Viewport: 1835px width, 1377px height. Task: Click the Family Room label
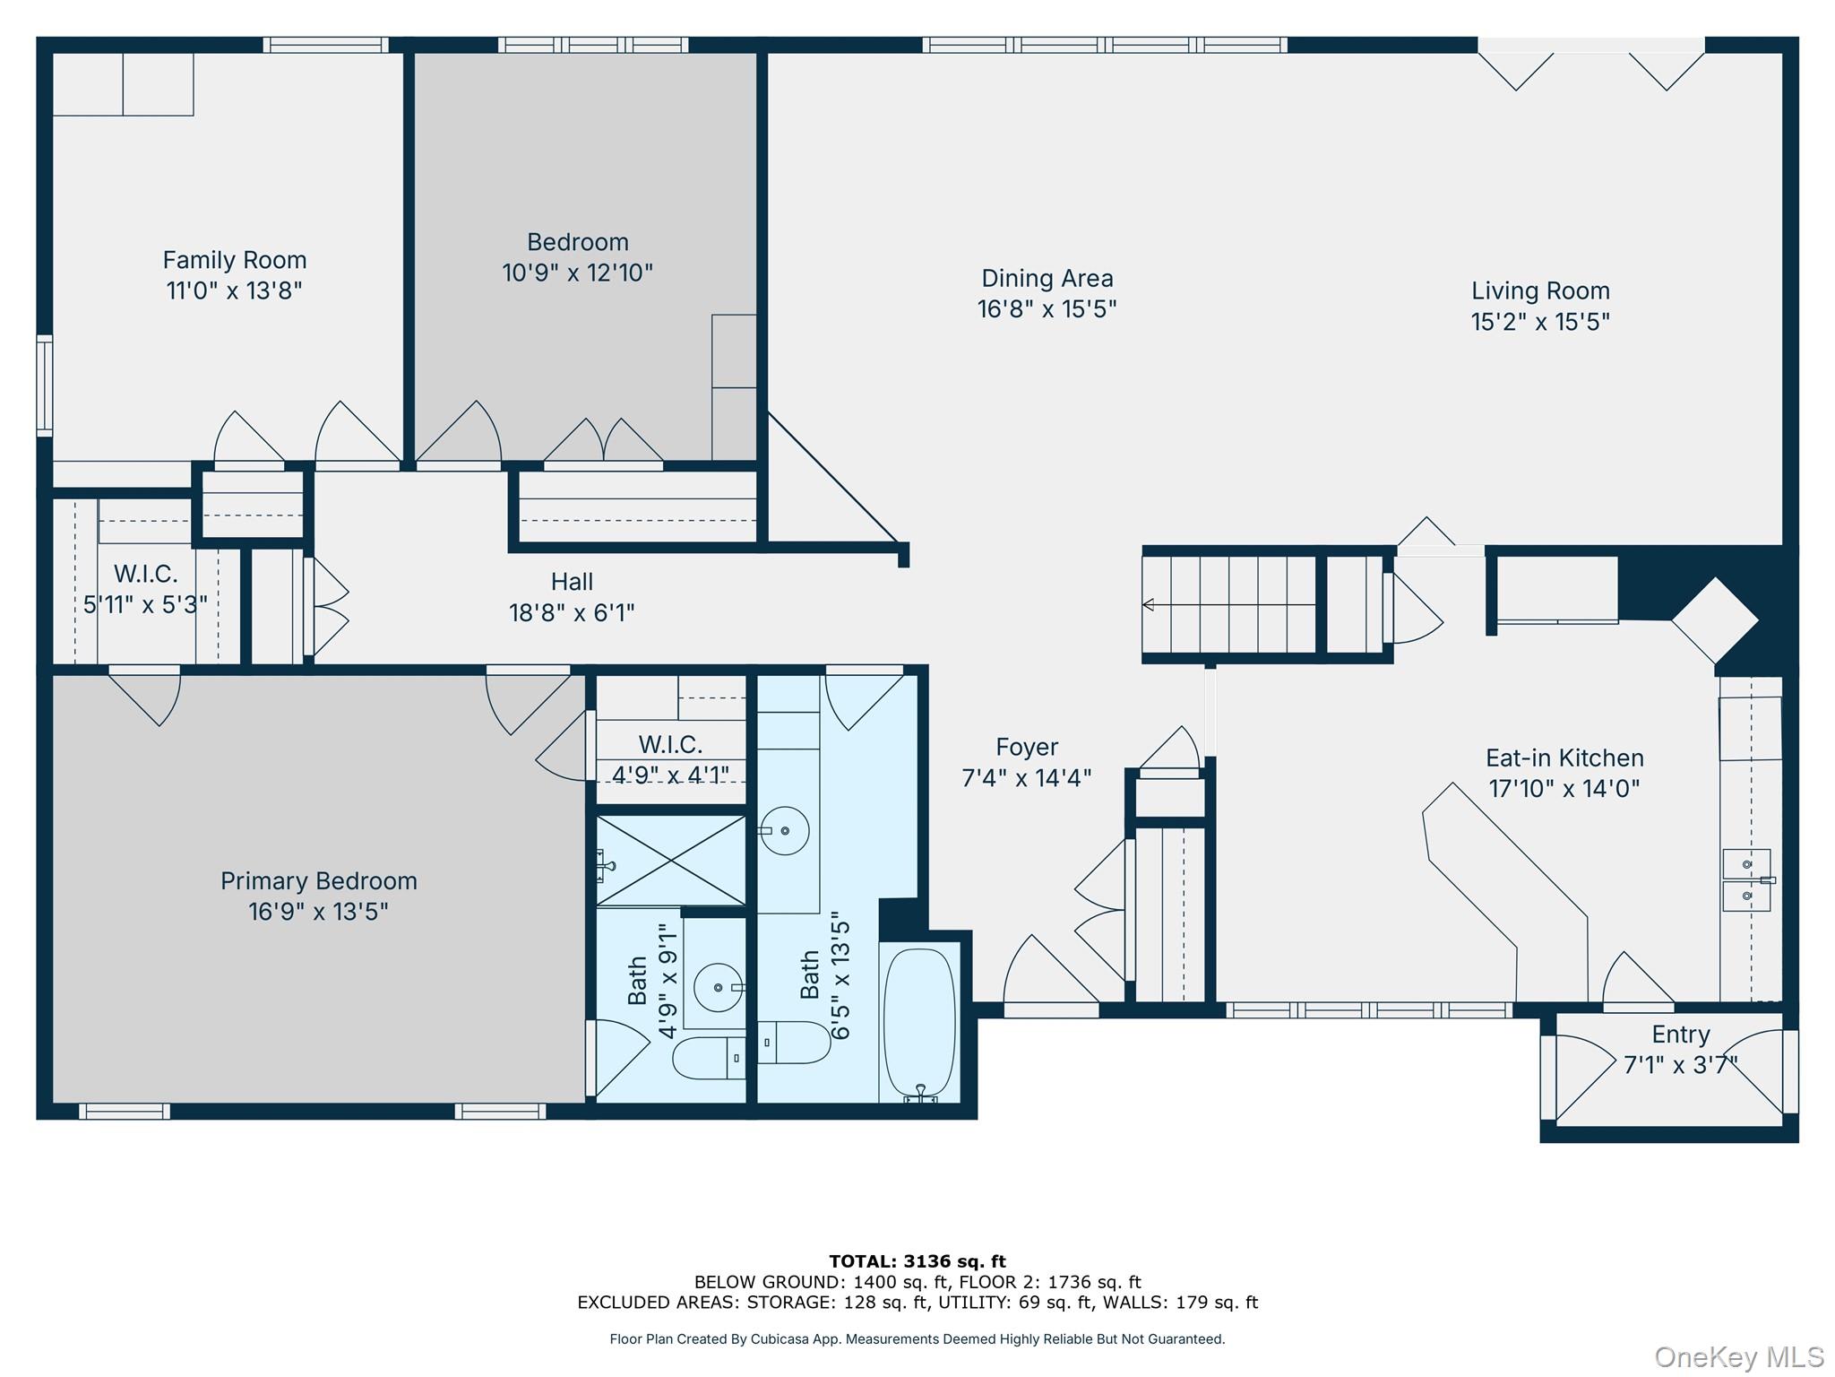[x=235, y=260]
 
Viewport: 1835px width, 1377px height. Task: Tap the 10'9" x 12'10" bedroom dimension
[x=578, y=273]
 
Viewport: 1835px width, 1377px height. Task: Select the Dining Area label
[x=1047, y=279]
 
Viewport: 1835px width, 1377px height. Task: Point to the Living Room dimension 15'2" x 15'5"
[x=1540, y=321]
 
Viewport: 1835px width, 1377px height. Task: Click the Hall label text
[x=573, y=582]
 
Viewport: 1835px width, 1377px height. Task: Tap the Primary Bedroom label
[x=319, y=881]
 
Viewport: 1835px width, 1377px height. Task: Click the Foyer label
[x=1027, y=747]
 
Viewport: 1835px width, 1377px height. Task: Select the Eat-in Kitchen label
[x=1564, y=758]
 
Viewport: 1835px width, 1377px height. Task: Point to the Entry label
[x=1681, y=1035]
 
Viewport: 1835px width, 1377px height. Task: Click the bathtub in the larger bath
[x=920, y=1023]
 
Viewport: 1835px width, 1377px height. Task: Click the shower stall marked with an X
[x=671, y=861]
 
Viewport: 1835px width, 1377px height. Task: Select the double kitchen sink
[x=1747, y=880]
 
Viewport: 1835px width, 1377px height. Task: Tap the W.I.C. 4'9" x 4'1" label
[x=670, y=759]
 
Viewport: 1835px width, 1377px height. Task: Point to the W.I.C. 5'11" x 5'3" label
[x=145, y=589]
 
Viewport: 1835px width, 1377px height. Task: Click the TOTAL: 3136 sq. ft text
[x=917, y=1261]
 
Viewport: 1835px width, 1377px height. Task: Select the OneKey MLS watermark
[x=1739, y=1357]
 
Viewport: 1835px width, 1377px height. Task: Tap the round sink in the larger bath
[x=785, y=830]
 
